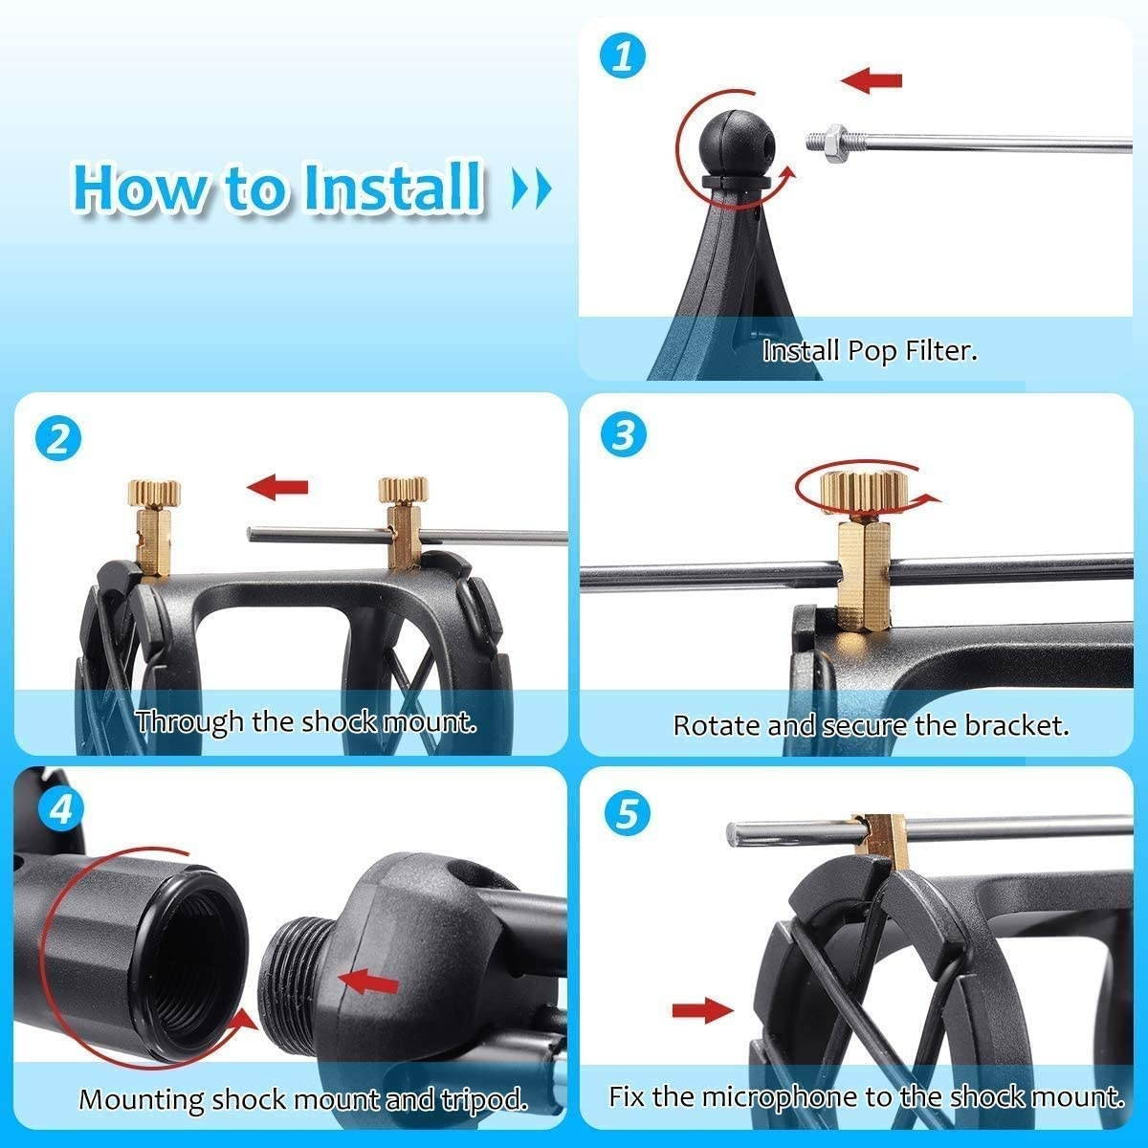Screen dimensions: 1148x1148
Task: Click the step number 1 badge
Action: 623,56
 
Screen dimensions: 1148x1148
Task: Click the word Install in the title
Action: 392,187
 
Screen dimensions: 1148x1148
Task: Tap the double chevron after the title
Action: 532,189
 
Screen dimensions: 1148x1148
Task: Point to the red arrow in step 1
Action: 872,80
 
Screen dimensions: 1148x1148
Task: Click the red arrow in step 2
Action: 277,487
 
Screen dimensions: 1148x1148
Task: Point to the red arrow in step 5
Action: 702,1008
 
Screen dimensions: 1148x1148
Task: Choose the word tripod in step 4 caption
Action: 483,1099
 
